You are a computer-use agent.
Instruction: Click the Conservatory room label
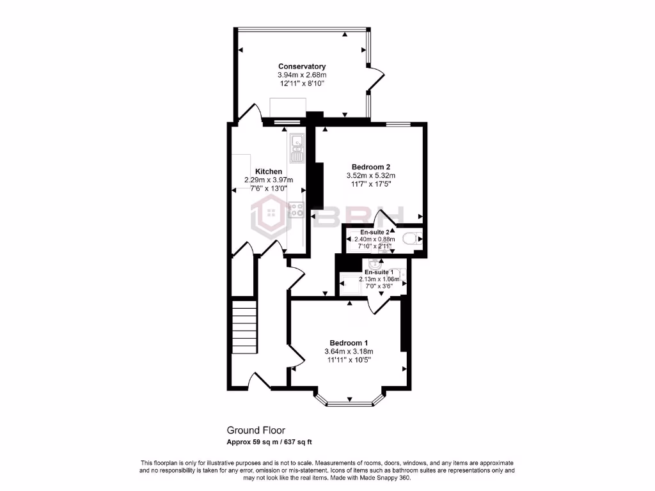point(301,66)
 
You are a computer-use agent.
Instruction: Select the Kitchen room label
point(269,171)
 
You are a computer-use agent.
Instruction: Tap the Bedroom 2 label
point(366,166)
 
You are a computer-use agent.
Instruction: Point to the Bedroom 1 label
point(348,343)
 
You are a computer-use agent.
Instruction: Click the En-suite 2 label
point(374,231)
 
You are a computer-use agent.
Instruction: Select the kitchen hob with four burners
point(297,210)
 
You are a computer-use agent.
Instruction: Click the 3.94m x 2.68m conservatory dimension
point(301,75)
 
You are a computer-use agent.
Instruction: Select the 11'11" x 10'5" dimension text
point(348,360)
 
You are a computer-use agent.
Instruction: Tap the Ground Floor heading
point(256,430)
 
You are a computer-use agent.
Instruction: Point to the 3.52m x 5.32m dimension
point(366,175)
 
